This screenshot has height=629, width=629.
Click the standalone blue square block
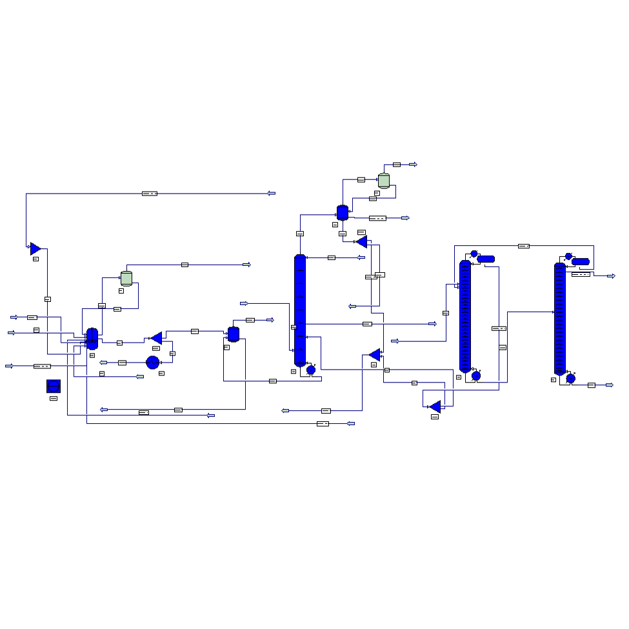point(54,386)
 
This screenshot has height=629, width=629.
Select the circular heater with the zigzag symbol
point(152,363)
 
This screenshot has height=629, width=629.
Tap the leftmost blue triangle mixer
point(35,248)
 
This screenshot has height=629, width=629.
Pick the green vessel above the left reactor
point(126,278)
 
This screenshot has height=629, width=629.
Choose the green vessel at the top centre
point(384,181)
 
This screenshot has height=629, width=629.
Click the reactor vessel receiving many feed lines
point(92,339)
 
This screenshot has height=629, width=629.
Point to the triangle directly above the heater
point(156,338)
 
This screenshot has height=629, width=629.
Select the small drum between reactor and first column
point(234,334)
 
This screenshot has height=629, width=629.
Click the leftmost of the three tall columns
point(300,310)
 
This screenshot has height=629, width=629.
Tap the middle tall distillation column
point(465,316)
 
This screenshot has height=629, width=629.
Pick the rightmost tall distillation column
point(560,318)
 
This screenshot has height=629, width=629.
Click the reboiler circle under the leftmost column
point(311,370)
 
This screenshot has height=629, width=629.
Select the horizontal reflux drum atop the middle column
point(486,259)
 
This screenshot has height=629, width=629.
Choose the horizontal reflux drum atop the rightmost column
point(581,261)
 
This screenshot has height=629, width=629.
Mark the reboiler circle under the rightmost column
point(570,379)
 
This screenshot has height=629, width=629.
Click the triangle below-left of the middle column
point(435,406)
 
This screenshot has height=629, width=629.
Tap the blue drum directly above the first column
point(343,212)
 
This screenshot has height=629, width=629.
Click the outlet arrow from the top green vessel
point(413,165)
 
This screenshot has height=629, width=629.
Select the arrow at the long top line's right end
point(272,193)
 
